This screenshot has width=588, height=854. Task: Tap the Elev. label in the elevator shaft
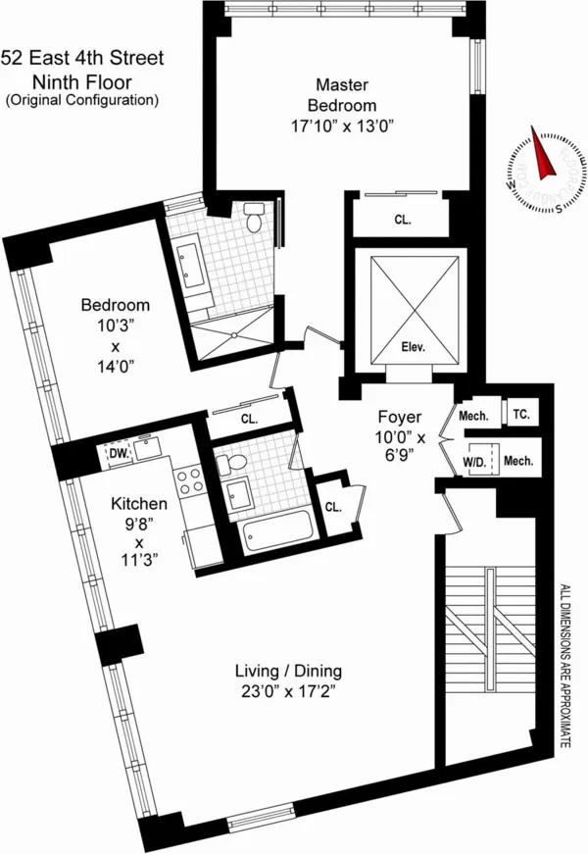pyautogui.click(x=411, y=345)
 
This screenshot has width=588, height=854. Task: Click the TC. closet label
pyautogui.click(x=521, y=415)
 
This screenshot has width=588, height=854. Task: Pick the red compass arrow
pyautogui.click(x=541, y=150)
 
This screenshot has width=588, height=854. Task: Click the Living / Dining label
pyautogui.click(x=288, y=671)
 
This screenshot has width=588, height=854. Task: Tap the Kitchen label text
pyautogui.click(x=138, y=504)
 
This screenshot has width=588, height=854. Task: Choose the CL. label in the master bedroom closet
pyautogui.click(x=402, y=221)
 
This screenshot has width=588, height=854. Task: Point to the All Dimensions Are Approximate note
pyautogui.click(x=564, y=666)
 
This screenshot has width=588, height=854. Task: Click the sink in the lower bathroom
pyautogui.click(x=238, y=492)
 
